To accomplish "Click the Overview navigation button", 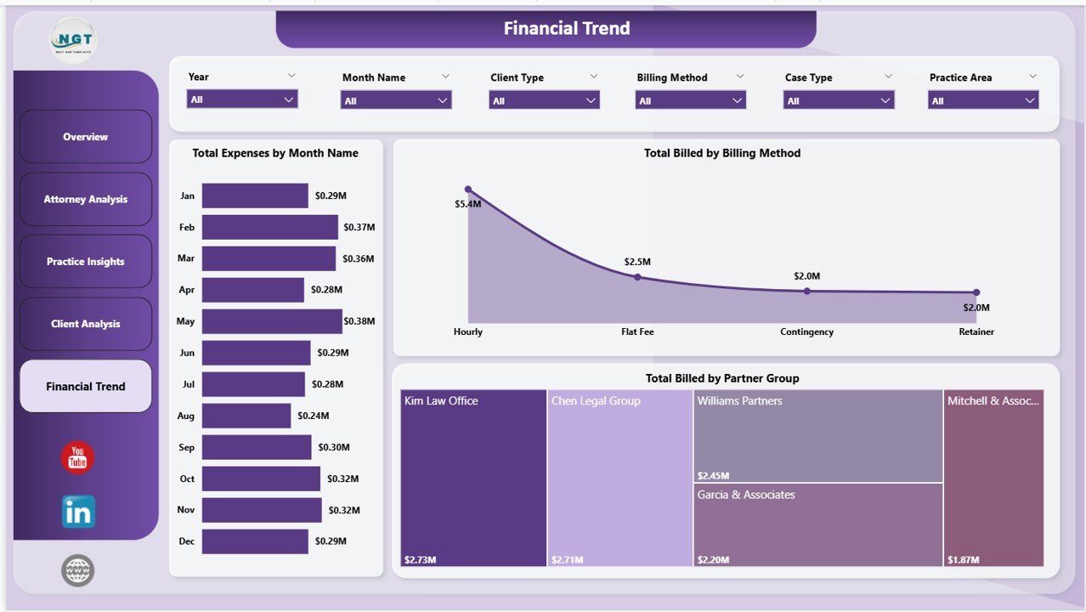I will coord(85,136).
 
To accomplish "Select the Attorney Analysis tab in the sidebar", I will coord(85,199).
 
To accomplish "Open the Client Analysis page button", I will coord(85,324).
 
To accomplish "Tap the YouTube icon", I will coord(77,458).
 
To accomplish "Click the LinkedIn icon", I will coord(78,512).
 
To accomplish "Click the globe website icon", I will coord(77,570).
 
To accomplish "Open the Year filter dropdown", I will coord(242,99).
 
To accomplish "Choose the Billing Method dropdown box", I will coord(690,100).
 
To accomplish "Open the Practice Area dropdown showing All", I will coord(983,100).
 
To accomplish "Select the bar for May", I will coord(271,321).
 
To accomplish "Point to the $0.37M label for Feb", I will coord(359,227).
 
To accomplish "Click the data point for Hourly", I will coord(468,190).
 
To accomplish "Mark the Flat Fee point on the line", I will coord(637,277).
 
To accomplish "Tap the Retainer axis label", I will coord(976,331).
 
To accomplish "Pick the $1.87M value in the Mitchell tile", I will coord(963,560).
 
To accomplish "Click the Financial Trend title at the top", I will coord(567,28).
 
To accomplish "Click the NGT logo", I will coord(73,39).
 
